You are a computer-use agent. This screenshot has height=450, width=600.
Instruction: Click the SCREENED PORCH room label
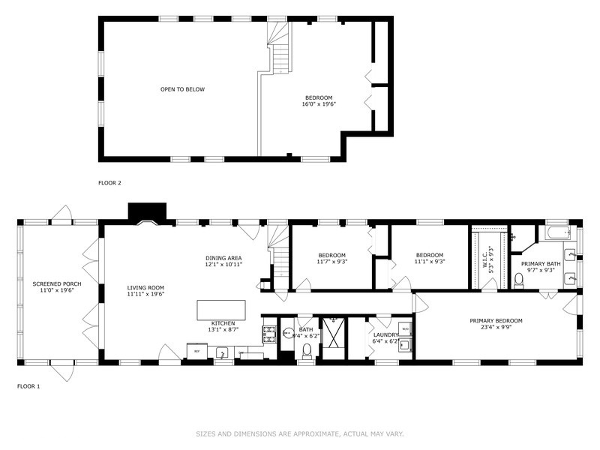(x=57, y=284)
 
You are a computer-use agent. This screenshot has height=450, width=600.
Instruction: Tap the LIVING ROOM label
(x=145, y=287)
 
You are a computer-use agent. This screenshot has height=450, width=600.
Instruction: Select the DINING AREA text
(x=223, y=257)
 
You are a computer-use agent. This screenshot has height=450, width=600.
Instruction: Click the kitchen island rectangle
(x=221, y=310)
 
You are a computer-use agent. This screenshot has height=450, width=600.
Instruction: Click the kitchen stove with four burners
(x=268, y=333)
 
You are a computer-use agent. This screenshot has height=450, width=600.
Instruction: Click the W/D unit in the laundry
(x=405, y=328)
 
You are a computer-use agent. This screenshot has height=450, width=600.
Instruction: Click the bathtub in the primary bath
(x=558, y=232)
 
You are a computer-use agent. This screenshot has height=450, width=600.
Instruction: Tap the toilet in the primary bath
(x=518, y=280)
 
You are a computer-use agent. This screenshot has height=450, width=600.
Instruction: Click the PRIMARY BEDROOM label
(x=496, y=320)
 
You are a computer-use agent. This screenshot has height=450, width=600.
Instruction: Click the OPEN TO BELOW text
(x=182, y=89)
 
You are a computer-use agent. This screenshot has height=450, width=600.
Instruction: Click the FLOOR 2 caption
(x=109, y=182)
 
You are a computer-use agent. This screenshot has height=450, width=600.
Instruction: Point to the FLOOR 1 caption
(x=28, y=386)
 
